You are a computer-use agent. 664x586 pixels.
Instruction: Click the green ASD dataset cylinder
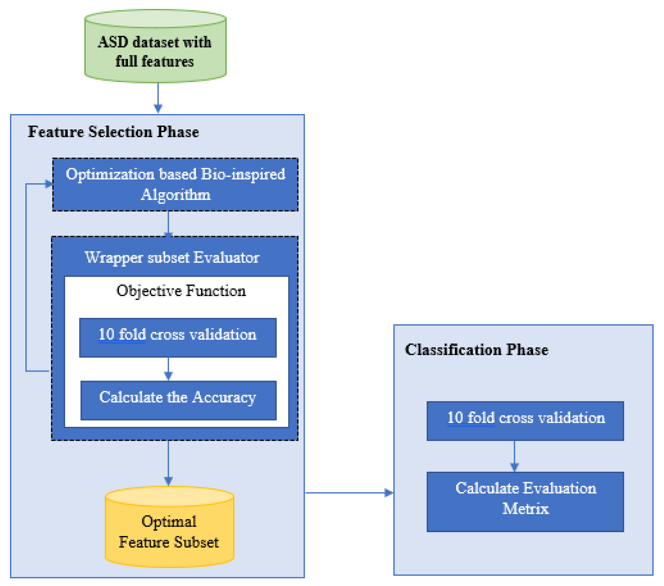155,49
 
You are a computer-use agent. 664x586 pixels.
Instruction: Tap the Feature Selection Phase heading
113,132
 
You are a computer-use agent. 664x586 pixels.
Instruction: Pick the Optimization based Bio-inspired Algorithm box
175,184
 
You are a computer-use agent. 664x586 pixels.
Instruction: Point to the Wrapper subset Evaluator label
172,258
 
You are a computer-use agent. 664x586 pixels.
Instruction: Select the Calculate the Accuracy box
178,400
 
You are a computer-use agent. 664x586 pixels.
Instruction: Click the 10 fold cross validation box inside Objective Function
178,338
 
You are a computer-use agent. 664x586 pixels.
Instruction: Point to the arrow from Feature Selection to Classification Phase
349,493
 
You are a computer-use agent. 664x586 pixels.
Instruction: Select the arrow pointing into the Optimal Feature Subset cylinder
168,464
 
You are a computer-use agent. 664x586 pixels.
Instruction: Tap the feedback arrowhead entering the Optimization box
49,184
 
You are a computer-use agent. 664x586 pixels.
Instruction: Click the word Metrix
525,509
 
